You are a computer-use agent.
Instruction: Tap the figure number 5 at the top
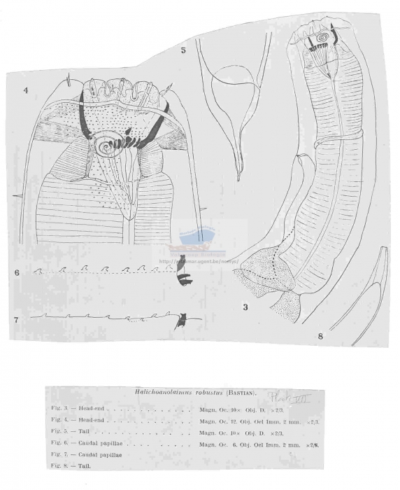(183, 50)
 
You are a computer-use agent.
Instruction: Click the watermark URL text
(199, 261)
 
